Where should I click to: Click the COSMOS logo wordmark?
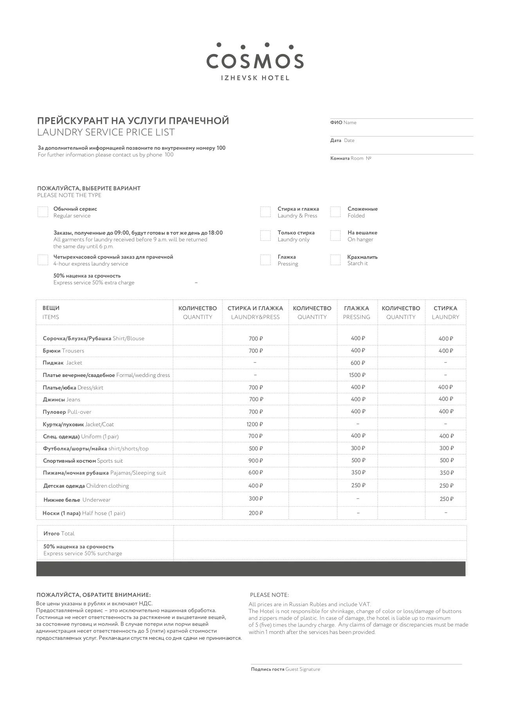(255, 61)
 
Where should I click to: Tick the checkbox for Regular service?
(43, 212)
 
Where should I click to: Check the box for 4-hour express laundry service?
(43, 260)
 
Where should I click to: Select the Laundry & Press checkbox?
(265, 212)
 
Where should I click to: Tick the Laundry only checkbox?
(265, 236)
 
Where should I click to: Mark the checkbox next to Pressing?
(265, 260)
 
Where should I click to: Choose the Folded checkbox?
(335, 212)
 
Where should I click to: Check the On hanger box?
(335, 236)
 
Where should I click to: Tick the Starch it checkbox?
(335, 260)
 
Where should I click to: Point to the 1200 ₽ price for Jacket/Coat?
(255, 424)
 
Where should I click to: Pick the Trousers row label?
(63, 351)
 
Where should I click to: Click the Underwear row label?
(77, 500)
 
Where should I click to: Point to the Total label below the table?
(59, 533)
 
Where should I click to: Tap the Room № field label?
(351, 158)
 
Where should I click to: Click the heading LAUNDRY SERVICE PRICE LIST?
(106, 132)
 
